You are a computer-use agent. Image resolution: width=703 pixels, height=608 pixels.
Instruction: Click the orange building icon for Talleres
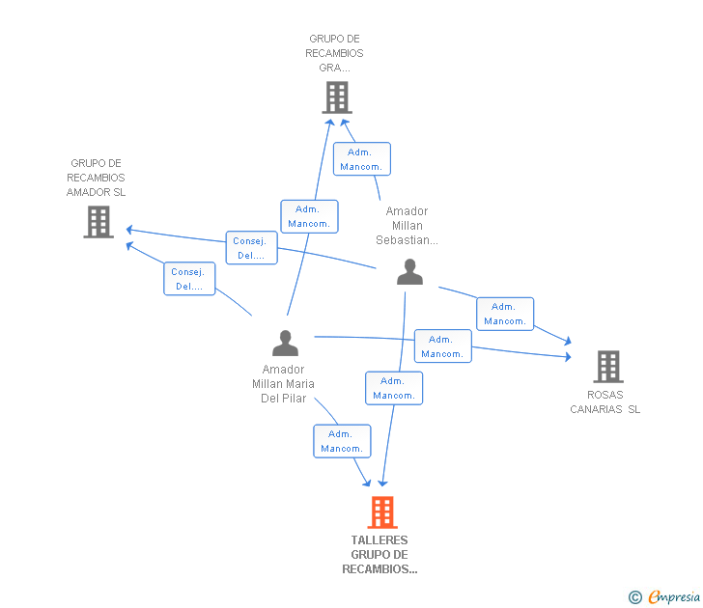(382, 512)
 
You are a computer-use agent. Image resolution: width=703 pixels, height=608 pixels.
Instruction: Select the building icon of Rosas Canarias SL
(607, 367)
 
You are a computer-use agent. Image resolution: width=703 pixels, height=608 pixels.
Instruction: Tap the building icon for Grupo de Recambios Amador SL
(98, 222)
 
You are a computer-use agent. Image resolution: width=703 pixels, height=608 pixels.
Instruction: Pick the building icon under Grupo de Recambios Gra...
(336, 97)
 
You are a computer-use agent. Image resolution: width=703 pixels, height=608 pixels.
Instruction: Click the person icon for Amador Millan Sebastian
(409, 272)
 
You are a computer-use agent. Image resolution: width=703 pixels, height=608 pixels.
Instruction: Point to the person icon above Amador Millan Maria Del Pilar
(285, 344)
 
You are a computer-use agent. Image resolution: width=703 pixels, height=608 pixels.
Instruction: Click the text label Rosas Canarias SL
(605, 401)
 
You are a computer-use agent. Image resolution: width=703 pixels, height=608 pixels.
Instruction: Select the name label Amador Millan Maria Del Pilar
(283, 384)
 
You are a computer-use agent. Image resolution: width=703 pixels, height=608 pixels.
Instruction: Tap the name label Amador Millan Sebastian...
(407, 226)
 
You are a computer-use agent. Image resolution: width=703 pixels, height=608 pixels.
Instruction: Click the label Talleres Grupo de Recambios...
(380, 555)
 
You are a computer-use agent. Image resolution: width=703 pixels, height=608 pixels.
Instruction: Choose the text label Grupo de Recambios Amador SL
(96, 178)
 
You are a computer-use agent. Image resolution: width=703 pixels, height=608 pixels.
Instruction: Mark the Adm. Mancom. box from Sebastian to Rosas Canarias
(505, 314)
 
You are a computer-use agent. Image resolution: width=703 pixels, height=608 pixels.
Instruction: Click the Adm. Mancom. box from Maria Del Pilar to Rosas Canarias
(442, 346)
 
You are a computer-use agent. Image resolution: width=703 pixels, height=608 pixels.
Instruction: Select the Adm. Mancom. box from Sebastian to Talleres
(394, 388)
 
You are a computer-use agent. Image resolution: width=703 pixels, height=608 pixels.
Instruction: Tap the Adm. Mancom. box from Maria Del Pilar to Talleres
(342, 441)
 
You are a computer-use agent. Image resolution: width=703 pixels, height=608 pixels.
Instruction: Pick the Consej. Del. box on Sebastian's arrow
(252, 248)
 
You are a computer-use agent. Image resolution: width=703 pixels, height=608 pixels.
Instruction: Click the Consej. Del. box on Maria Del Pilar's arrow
(189, 279)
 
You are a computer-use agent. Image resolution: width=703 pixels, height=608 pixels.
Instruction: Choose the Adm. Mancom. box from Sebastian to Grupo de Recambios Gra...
(362, 159)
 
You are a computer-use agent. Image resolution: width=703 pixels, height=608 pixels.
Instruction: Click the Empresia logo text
(674, 597)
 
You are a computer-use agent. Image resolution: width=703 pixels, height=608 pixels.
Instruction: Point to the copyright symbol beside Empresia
(635, 597)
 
